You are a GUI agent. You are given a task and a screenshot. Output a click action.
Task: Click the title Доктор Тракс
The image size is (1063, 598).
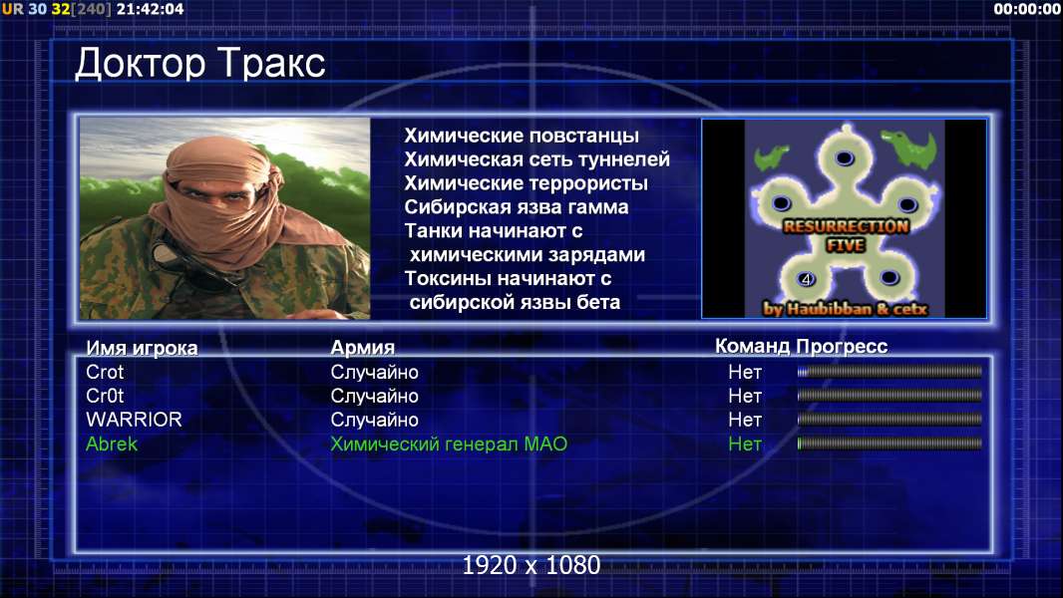[200, 64]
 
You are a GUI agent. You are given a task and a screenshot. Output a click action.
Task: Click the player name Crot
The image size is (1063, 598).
[105, 372]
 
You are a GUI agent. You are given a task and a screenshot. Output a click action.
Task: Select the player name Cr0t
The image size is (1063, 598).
[105, 396]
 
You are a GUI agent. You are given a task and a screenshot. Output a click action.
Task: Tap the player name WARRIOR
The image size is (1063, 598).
[134, 420]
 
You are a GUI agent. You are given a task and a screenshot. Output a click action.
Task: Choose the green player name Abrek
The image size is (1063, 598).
[111, 444]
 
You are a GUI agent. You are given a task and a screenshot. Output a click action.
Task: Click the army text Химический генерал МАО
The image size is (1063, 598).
[449, 444]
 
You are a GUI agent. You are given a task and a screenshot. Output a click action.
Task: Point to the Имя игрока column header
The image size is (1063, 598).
[142, 348]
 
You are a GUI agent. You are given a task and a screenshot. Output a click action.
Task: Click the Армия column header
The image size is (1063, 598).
[363, 348]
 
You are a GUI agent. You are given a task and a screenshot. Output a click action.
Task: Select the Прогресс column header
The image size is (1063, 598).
[842, 346]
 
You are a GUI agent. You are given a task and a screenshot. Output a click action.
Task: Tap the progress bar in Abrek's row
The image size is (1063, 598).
[889, 444]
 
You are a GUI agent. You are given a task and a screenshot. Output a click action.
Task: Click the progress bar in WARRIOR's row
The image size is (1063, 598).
[889, 420]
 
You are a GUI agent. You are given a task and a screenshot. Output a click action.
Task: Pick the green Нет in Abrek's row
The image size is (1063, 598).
[745, 444]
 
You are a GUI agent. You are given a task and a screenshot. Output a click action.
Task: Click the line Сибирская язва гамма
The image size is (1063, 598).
[517, 206]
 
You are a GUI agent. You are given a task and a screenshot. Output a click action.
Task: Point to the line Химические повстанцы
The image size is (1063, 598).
[522, 136]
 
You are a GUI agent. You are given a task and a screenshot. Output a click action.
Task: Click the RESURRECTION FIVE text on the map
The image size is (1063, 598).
[846, 235]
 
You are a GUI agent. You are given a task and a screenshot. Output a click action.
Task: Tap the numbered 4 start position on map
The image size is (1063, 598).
[806, 279]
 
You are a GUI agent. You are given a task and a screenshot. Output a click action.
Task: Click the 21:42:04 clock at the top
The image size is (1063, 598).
[150, 9]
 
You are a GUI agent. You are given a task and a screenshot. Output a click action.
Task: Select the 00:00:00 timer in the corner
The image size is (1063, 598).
[1027, 9]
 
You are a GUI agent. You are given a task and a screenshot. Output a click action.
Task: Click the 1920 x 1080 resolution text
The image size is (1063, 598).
[531, 565]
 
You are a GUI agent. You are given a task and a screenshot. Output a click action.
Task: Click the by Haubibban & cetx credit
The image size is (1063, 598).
[845, 309]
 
